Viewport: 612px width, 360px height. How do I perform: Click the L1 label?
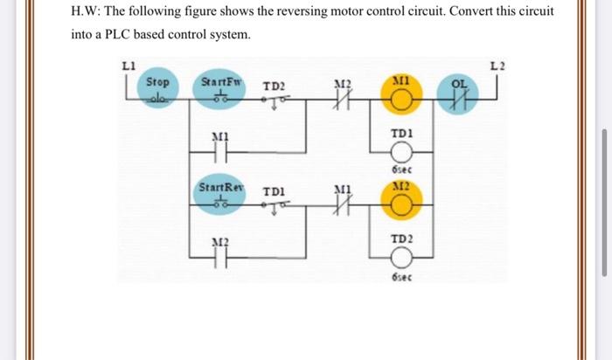129,66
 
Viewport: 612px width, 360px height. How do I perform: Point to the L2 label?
497,66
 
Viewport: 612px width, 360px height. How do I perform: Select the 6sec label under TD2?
401,277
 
